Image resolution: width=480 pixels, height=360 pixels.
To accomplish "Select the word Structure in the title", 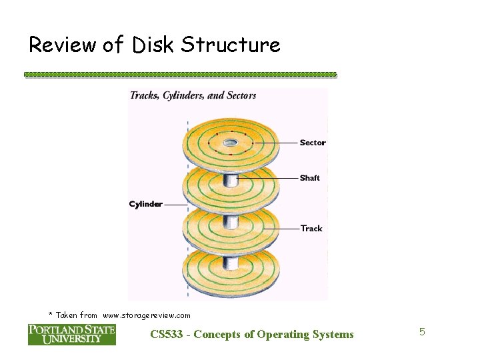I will click(231, 45).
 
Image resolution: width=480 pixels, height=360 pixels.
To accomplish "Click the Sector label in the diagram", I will click(313, 143).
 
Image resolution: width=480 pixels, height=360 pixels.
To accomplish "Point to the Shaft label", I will click(310, 178).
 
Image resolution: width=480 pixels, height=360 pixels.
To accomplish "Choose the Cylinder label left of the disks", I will click(146, 204).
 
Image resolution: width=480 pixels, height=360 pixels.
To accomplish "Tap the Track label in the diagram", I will click(311, 229).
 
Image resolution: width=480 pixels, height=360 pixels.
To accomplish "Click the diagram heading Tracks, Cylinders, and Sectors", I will click(193, 95).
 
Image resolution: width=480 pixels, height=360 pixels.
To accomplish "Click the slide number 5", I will click(421, 331).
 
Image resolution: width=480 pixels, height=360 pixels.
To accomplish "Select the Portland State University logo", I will click(71, 334).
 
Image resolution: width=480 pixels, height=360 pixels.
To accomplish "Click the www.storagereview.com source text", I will click(147, 315).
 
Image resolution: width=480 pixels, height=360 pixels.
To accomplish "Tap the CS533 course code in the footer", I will click(168, 335).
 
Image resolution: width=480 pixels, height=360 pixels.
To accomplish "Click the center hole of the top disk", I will click(231, 142).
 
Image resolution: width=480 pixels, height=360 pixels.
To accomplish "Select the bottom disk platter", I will click(231, 269).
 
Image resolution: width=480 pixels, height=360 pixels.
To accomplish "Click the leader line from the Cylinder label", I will click(175, 205).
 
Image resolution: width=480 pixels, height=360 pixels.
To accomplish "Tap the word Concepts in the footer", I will click(220, 335).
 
